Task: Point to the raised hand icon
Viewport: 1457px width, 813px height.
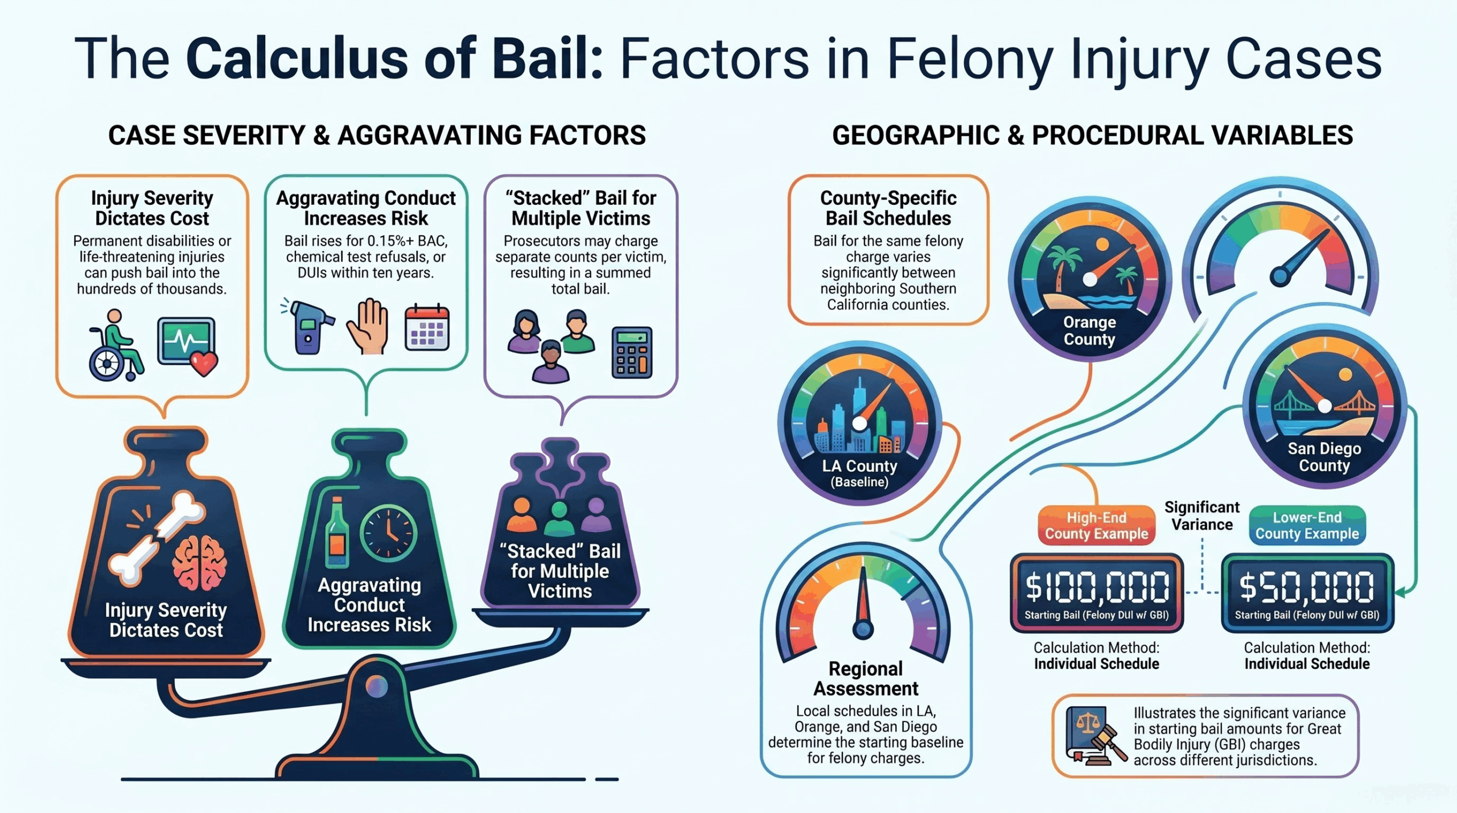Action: (368, 325)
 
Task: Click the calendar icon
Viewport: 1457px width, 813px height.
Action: (427, 328)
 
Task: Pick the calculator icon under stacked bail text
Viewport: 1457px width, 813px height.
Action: (632, 353)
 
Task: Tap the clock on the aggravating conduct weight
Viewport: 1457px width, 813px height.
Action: (389, 534)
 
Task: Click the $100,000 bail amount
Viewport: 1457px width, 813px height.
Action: (1097, 587)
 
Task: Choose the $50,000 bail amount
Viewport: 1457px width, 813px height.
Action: (1307, 587)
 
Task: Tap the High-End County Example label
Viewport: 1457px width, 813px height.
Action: (1097, 526)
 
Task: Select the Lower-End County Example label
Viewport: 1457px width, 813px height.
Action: (1307, 526)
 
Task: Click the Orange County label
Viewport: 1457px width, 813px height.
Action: (1089, 331)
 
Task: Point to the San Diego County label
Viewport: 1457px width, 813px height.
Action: (1324, 457)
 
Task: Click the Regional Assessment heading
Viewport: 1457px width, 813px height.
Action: (866, 678)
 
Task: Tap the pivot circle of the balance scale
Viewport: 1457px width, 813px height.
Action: (376, 687)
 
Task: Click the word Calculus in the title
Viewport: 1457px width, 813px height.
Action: (297, 58)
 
